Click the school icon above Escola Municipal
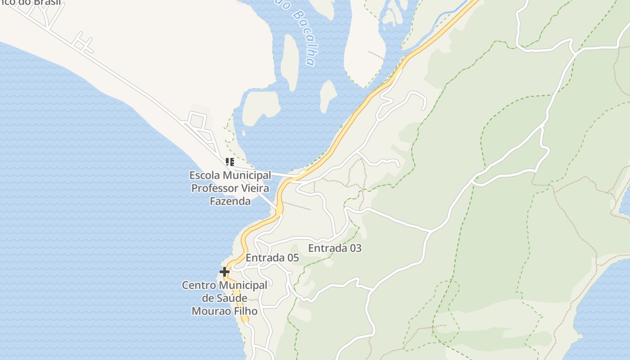coord(229,162)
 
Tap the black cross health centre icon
coord(224,272)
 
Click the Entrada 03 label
coord(335,248)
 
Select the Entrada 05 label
coord(272,258)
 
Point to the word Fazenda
coord(230,201)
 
